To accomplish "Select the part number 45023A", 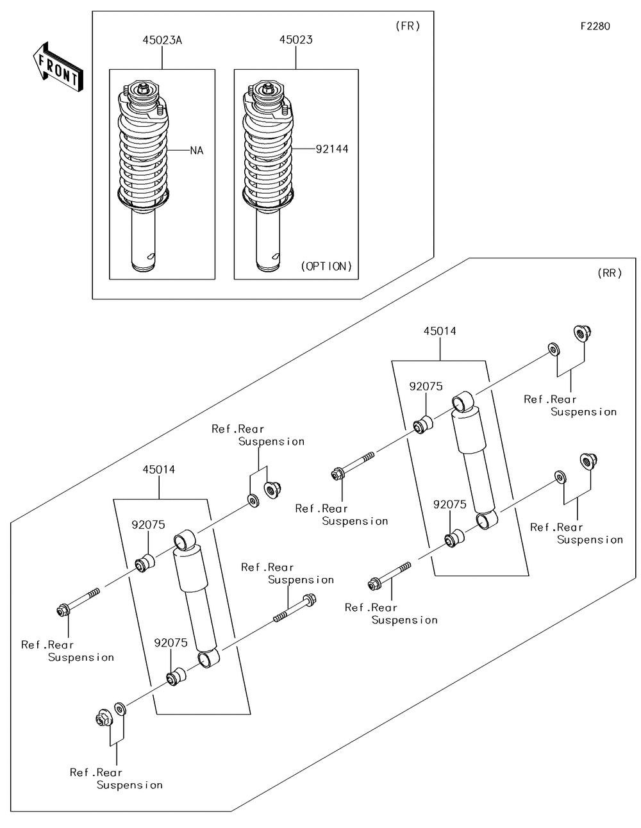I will (x=162, y=40).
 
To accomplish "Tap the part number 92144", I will (x=332, y=149).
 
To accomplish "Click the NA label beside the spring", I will (x=196, y=151).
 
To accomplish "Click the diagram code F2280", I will (x=595, y=26).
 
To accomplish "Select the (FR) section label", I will (x=407, y=26).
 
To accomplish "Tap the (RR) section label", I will (x=609, y=273).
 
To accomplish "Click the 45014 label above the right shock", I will (x=440, y=331).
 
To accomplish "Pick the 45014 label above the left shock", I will (x=158, y=469).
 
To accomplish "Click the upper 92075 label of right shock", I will (x=426, y=386).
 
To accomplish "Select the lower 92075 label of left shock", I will (x=171, y=643).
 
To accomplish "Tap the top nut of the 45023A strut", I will (x=144, y=87).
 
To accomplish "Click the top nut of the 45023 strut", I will (x=269, y=87).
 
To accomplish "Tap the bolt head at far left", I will (x=63, y=610).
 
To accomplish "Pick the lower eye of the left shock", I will (x=208, y=659).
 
